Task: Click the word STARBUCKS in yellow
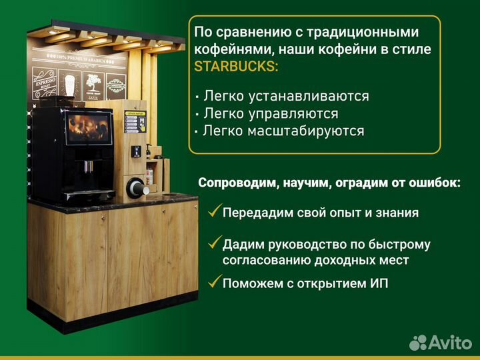coord(233,67)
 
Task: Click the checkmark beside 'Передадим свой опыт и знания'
coord(214,212)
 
